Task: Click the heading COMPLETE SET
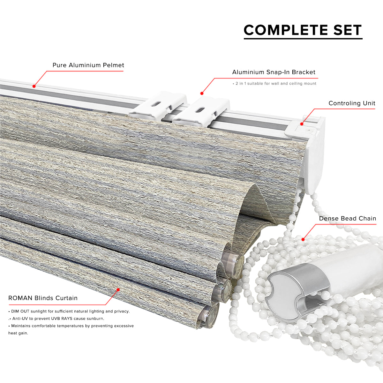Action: pos(303,30)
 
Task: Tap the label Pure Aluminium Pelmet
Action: pos(88,65)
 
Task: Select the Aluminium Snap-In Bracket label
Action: pos(274,72)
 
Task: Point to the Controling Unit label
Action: pos(352,103)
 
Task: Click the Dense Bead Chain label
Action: pos(348,219)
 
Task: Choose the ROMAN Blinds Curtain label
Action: pos(43,298)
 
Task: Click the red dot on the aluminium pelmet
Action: pos(34,86)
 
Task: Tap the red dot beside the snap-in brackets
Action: pos(202,94)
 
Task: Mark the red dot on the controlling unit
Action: pos(302,124)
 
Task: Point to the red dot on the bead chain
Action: pos(303,239)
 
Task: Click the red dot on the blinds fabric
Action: pos(118,290)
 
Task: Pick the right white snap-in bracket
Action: pos(201,112)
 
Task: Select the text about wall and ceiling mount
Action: pos(274,84)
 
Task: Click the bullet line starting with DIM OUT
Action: pos(69,312)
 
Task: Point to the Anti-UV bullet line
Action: pos(56,319)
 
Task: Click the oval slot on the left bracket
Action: pos(157,103)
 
